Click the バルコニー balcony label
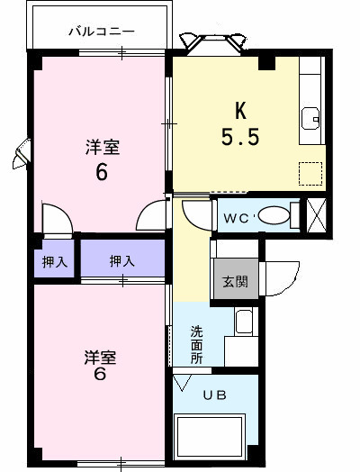click(102, 32)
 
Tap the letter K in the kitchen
click(240, 111)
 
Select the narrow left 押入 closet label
click(53, 261)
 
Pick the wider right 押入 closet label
click(121, 261)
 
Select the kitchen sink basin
click(311, 117)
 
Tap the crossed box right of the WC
click(316, 217)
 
